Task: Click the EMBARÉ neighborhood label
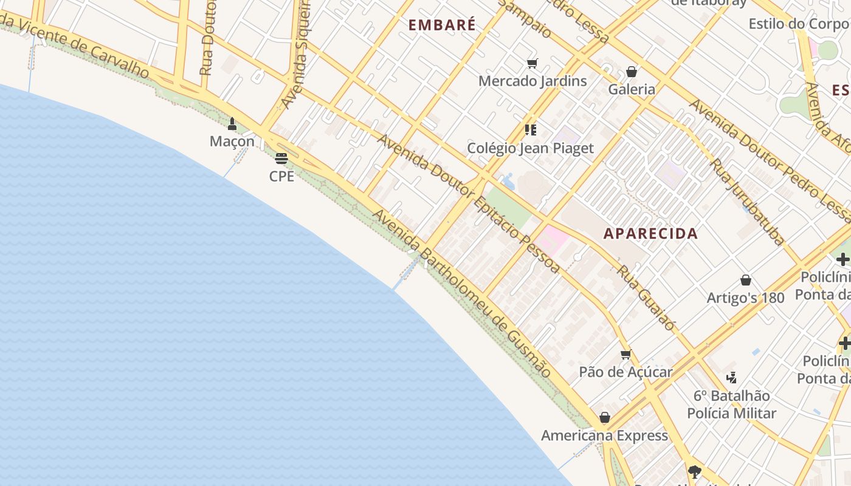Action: coord(442,25)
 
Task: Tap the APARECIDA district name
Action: coord(650,234)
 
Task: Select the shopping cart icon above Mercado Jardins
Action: coord(532,64)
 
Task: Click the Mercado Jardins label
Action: coord(532,81)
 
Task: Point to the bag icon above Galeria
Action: coord(632,72)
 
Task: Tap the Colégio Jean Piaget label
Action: coord(530,148)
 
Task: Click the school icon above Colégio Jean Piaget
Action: coord(531,130)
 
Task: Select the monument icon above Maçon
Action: coord(232,125)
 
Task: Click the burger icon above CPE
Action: coord(281,159)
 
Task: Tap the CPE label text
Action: coord(281,176)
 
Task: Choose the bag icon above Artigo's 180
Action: coord(745,280)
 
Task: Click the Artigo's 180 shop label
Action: coord(745,298)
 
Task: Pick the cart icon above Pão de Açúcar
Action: coord(625,355)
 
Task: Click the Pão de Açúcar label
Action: coord(625,372)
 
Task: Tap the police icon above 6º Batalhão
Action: coord(731,378)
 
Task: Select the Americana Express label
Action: coord(604,436)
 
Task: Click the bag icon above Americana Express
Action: coord(604,418)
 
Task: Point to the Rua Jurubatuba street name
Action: coord(748,202)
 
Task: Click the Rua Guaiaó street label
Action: coord(646,298)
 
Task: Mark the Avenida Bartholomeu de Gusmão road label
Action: coord(462,293)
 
